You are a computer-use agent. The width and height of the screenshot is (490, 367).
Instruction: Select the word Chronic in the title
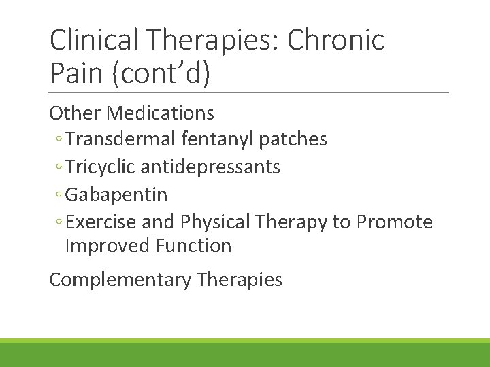[x=336, y=40]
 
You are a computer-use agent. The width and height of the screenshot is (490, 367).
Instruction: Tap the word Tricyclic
[x=100, y=167]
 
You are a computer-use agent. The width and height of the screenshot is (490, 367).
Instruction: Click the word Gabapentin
[x=116, y=195]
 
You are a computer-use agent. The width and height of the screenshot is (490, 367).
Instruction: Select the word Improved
[x=107, y=245]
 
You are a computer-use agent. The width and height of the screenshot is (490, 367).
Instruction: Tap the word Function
[x=193, y=245]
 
